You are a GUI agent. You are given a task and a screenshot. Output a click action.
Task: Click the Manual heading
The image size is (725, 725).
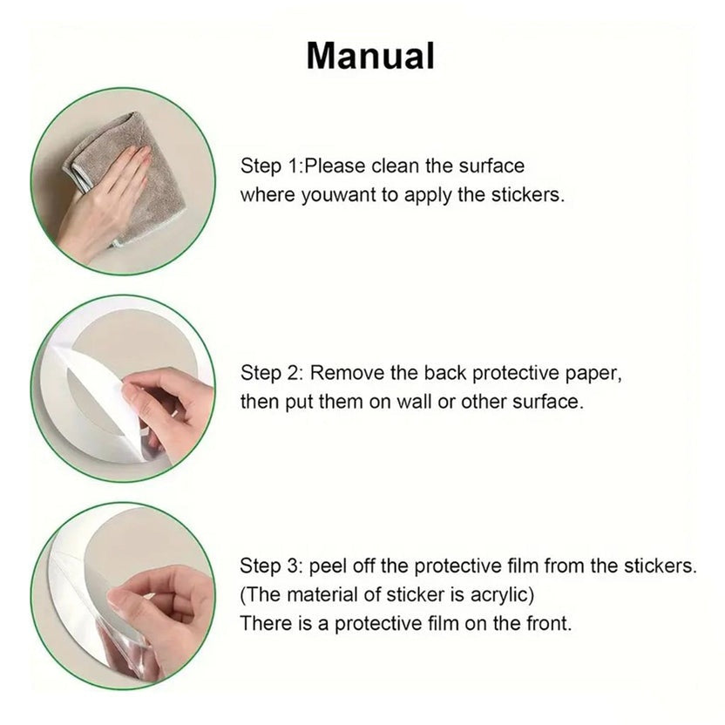tap(370, 56)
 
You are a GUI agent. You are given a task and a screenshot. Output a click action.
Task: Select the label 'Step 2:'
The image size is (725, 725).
tap(272, 373)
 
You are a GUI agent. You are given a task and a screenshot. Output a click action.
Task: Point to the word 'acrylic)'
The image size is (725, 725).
tap(502, 595)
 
